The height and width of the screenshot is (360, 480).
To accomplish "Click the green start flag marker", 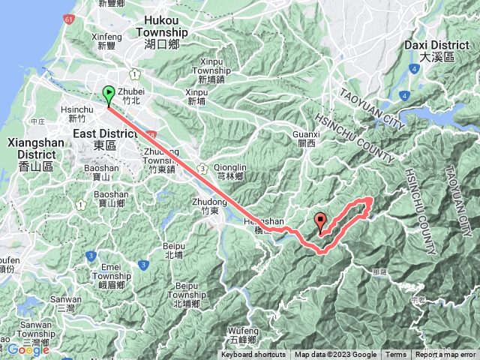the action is pyautogui.click(x=108, y=95).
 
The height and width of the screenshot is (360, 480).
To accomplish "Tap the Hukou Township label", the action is pyautogui.click(x=161, y=32).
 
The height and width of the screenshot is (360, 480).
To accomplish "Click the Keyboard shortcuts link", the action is pyautogui.click(x=253, y=355).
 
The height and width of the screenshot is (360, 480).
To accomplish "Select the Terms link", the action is pyautogui.click(x=395, y=355).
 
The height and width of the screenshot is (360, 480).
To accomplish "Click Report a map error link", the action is pyautogui.click(x=445, y=355).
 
